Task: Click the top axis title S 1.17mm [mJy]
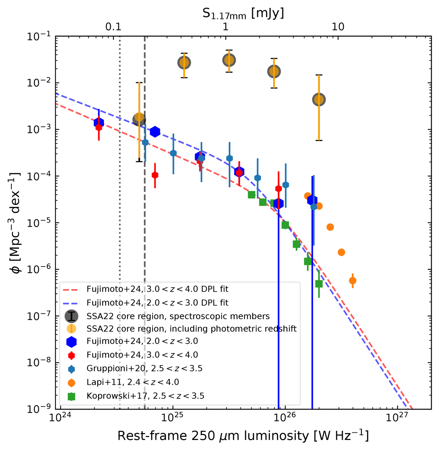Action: [x=243, y=13]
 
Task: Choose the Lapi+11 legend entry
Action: [x=133, y=382]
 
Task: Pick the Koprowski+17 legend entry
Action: [x=145, y=396]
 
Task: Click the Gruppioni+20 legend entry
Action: [x=145, y=368]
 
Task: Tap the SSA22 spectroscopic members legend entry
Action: [x=178, y=316]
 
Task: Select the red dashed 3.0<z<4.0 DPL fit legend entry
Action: [x=157, y=289]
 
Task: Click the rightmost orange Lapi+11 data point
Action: [x=353, y=281]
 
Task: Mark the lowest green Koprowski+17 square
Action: [x=319, y=284]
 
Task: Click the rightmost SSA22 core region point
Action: [x=319, y=99]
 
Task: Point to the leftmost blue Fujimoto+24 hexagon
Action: [x=99, y=123]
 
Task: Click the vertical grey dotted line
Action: [x=120, y=219]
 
